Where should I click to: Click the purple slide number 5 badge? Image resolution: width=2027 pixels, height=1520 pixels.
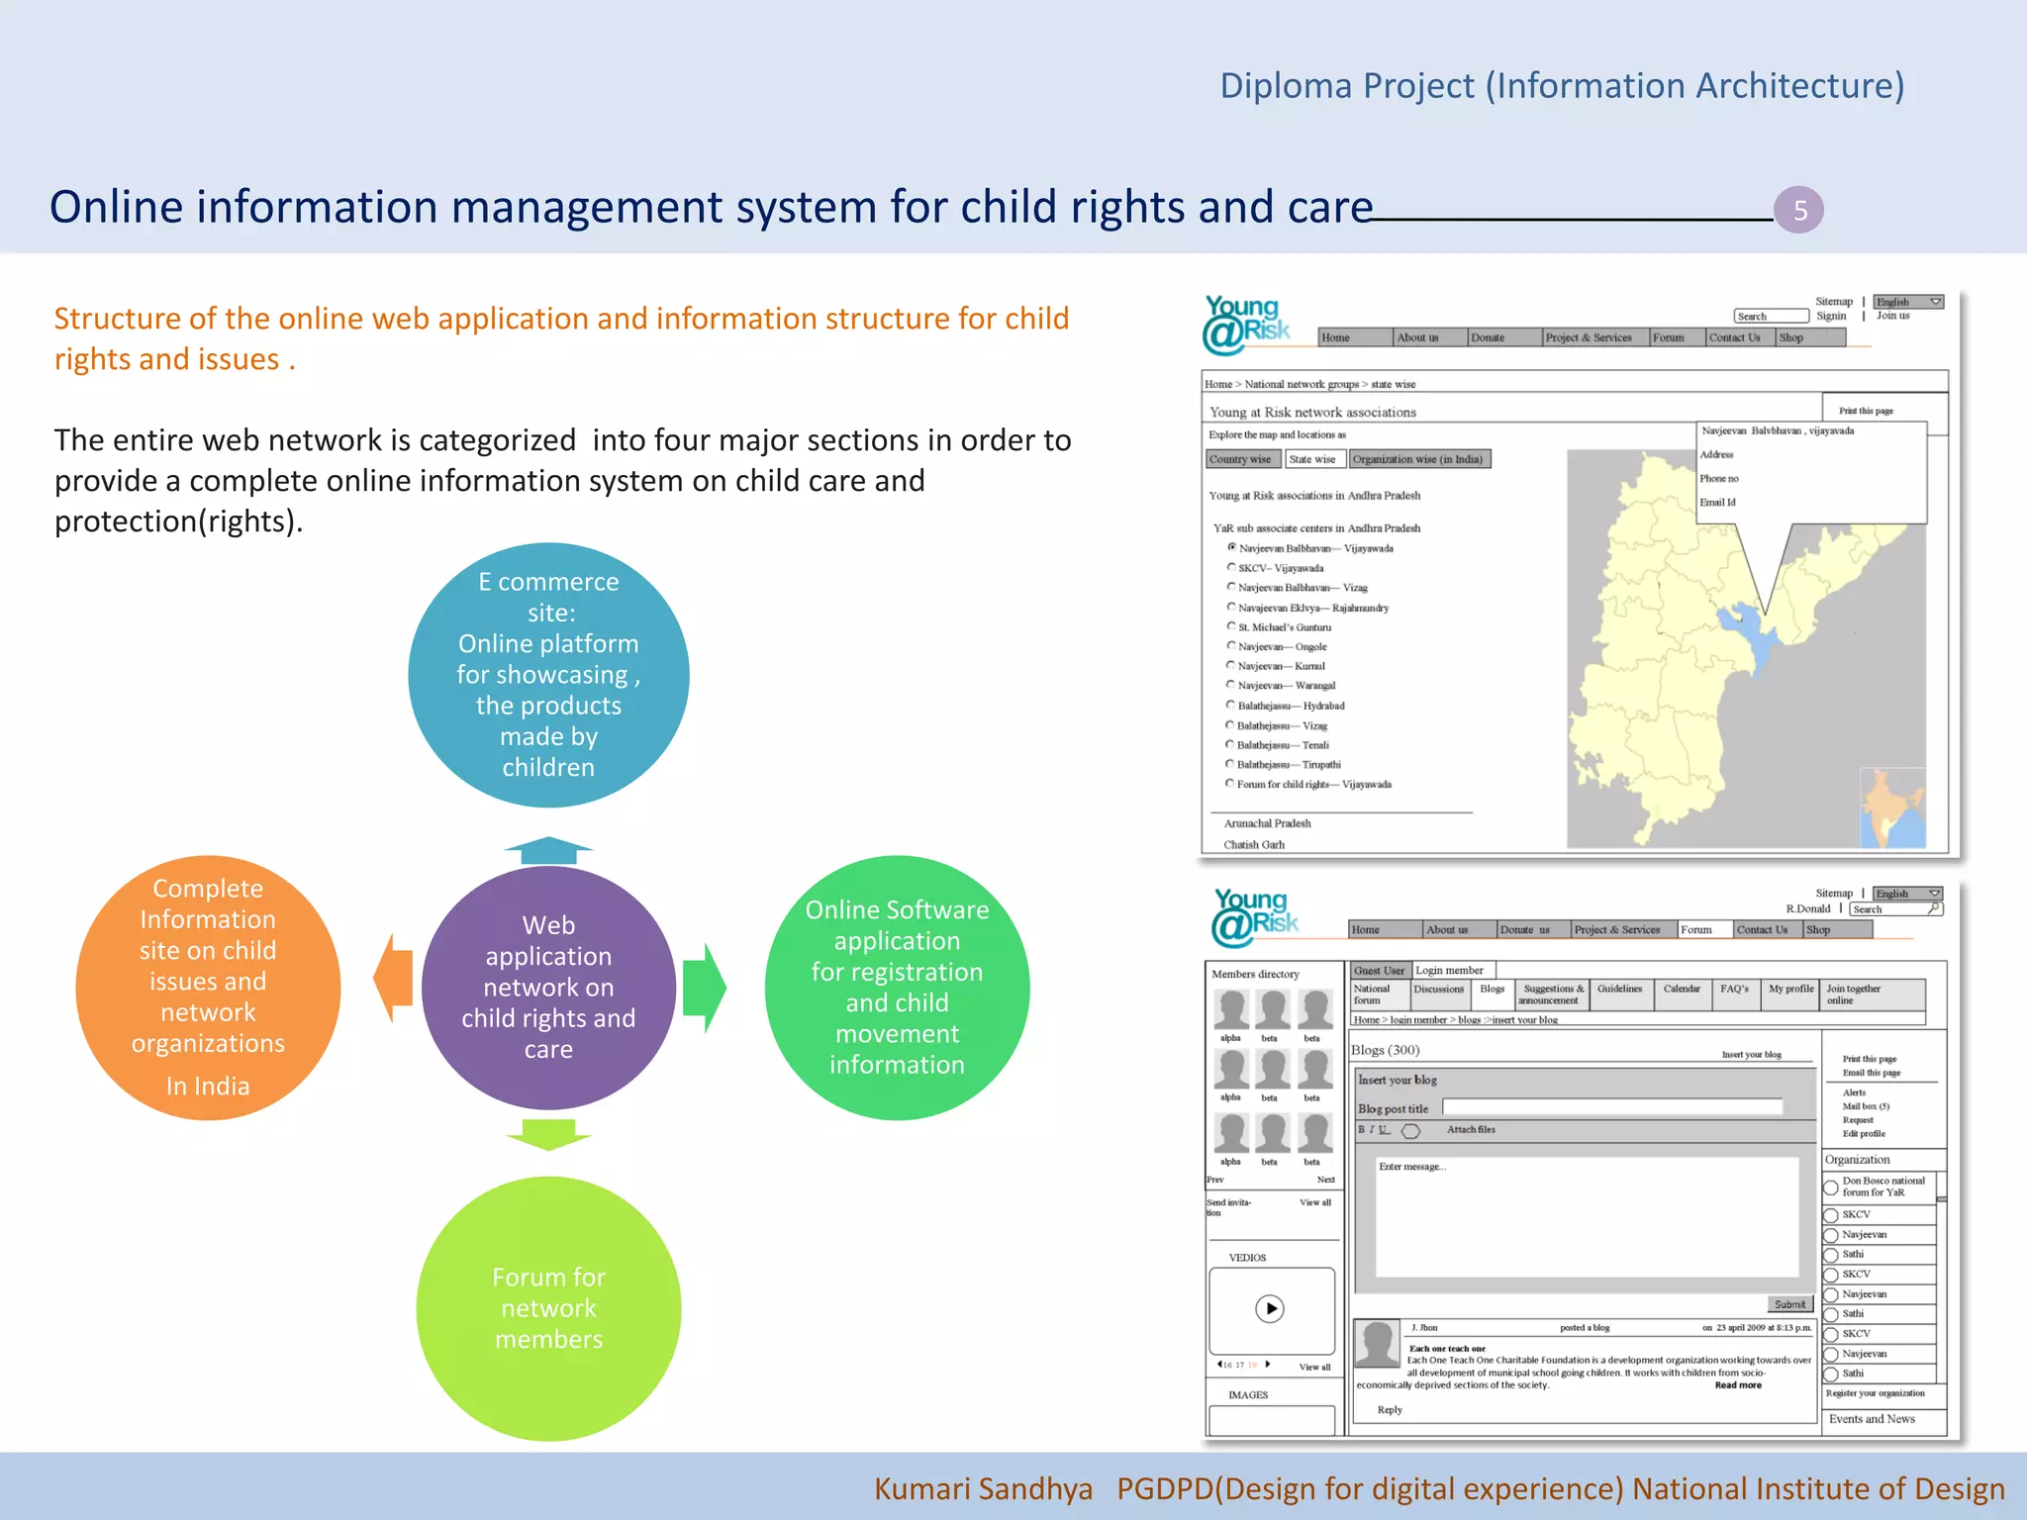(1798, 210)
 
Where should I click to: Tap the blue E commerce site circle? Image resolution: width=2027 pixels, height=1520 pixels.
(548, 675)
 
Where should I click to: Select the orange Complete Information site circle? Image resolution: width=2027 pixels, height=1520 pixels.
(208, 987)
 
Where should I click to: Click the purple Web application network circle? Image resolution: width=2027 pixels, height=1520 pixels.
(548, 987)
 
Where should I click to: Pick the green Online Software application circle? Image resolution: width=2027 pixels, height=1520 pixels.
(897, 987)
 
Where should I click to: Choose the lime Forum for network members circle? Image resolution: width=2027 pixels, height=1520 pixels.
(548, 1307)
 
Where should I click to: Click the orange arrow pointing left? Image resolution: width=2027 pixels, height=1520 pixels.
(393, 979)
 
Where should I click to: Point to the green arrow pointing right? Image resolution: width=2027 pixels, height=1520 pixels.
(705, 987)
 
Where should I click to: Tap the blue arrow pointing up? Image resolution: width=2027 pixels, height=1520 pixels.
(548, 849)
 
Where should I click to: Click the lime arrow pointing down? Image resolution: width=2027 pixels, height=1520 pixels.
(548, 1134)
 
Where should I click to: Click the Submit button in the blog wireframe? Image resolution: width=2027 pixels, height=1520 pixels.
(1789, 1304)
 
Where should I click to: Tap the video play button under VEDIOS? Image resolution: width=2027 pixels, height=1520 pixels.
(1270, 1309)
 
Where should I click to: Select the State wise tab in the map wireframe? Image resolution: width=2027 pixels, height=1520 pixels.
(1312, 459)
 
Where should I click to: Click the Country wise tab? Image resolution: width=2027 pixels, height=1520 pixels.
(1240, 459)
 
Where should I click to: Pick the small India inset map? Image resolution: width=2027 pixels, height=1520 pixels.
(1892, 807)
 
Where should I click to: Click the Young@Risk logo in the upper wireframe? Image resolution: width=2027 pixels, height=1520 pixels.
(1246, 325)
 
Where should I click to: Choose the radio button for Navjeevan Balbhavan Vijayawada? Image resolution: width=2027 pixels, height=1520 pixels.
(1231, 547)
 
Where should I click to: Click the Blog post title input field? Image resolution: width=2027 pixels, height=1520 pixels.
(1612, 1107)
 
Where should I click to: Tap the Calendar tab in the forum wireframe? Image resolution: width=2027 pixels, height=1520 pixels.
(1682, 990)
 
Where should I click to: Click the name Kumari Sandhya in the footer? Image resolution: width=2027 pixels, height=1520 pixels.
(983, 1489)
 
